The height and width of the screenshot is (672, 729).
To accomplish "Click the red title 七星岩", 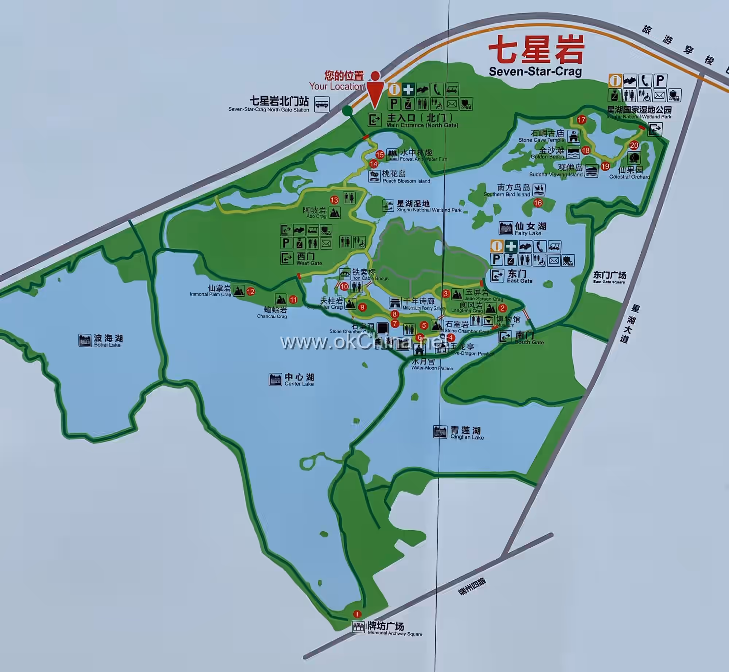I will (536, 50).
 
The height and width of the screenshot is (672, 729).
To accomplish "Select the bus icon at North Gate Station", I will (322, 104).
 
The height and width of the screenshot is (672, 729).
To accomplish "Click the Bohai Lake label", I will (108, 340).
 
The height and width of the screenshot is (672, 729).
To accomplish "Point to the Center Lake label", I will (299, 379).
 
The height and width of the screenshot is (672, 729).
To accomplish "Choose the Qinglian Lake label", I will (466, 433).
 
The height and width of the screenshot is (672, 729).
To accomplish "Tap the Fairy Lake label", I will (530, 228).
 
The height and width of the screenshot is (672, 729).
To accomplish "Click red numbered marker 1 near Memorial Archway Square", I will (357, 614).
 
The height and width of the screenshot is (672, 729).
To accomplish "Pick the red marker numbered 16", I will (538, 203).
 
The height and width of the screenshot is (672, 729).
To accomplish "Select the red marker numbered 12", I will (250, 291).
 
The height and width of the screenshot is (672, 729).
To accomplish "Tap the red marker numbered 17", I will (581, 120).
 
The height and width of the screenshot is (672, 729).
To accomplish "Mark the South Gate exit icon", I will (505, 336).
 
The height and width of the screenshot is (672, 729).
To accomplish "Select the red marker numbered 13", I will (334, 200).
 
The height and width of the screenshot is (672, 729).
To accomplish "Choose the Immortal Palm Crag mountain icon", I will (239, 290).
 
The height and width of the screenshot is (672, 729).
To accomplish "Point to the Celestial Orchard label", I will (630, 172).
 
